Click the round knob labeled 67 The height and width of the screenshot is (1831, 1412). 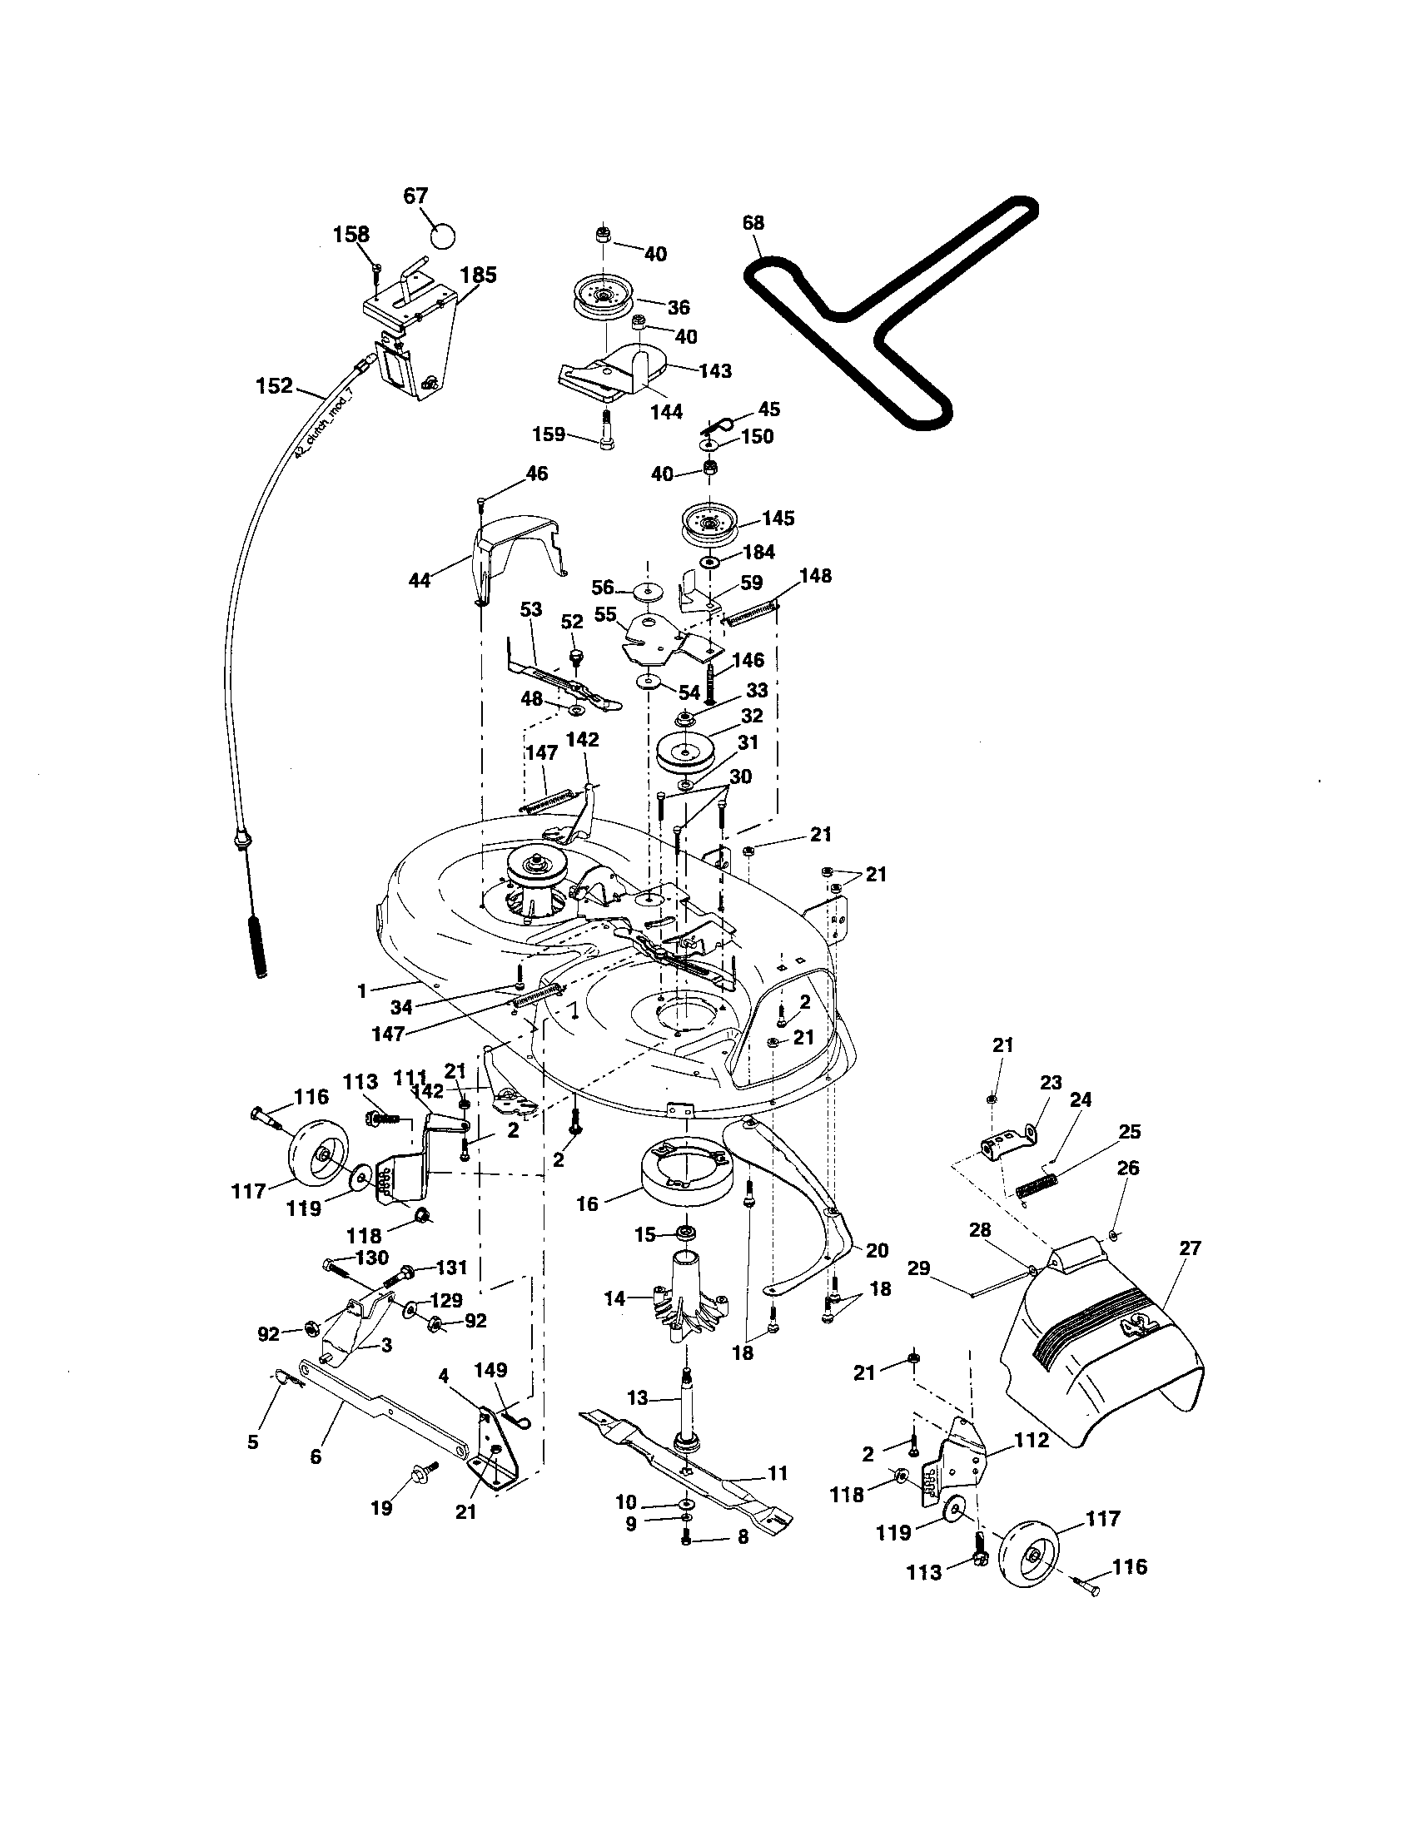point(442,235)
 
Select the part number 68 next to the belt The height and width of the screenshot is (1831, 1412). point(753,223)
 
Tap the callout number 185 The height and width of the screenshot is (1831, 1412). point(478,275)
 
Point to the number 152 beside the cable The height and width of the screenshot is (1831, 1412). point(274,385)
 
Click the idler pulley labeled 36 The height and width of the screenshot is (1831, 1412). point(603,296)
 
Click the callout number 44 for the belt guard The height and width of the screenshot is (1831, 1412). point(420,579)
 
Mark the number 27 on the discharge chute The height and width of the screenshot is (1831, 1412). point(1190,1272)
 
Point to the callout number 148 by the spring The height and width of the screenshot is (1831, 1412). point(815,576)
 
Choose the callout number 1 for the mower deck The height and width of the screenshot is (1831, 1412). point(362,991)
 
